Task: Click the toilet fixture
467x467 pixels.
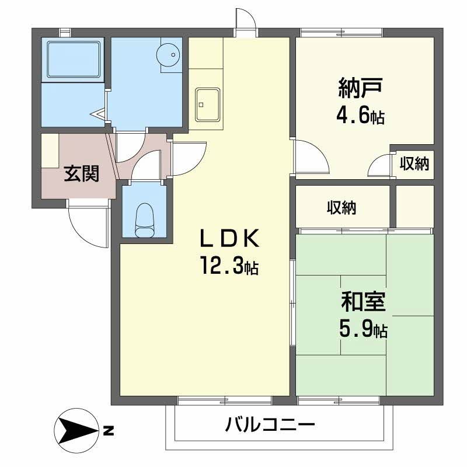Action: click(x=143, y=221)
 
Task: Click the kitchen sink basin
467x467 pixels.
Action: click(x=207, y=104)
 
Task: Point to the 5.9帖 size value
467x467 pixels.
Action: click(x=363, y=330)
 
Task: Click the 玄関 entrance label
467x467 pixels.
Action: click(x=81, y=173)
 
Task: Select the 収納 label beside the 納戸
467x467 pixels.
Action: click(x=414, y=164)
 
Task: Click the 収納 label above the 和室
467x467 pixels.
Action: click(x=341, y=207)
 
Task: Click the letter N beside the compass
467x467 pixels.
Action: click(x=109, y=433)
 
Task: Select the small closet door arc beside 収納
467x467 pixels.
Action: click(x=380, y=165)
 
